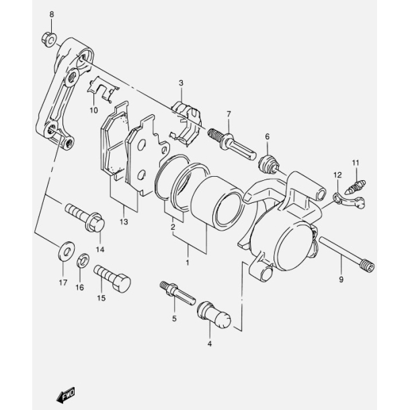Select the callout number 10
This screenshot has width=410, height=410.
94,110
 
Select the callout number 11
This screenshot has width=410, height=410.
356,162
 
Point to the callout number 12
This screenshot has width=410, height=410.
335,175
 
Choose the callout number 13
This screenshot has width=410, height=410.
124,222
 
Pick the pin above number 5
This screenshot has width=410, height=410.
177,292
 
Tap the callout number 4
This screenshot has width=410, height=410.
210,344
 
